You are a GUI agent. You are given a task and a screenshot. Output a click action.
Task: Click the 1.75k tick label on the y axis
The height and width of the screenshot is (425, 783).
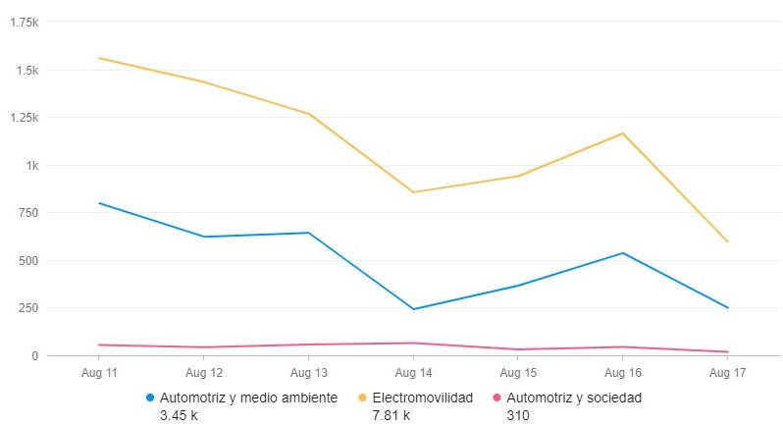click(x=25, y=22)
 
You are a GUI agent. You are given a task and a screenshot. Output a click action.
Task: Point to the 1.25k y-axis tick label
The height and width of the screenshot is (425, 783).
click(x=25, y=118)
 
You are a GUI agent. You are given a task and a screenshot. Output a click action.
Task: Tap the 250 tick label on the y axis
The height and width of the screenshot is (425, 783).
click(x=28, y=308)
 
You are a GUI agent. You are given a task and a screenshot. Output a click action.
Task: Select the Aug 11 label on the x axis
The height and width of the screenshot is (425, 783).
click(x=99, y=374)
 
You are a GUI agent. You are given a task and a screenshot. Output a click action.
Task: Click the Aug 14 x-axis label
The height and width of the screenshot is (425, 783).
click(x=413, y=374)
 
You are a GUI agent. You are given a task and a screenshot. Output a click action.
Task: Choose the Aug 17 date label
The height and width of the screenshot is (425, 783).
click(x=727, y=374)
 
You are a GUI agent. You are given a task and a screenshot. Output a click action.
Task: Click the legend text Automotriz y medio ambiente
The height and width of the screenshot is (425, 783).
click(x=248, y=398)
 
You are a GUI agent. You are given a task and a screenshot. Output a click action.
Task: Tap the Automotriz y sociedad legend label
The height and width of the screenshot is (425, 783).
click(x=580, y=398)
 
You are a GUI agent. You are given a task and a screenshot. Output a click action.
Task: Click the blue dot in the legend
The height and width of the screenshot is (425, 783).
click(x=150, y=398)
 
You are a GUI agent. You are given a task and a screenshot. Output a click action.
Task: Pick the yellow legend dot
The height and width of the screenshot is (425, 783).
click(x=362, y=398)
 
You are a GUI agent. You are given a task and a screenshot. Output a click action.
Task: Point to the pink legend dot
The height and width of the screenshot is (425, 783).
click(x=496, y=398)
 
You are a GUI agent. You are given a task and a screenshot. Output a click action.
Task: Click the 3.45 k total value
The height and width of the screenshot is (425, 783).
click(x=180, y=415)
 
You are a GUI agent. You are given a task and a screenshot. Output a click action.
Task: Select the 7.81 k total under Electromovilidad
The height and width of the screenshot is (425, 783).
click(x=391, y=415)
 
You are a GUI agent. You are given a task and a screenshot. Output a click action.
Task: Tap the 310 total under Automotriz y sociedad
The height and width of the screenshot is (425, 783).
click(x=516, y=415)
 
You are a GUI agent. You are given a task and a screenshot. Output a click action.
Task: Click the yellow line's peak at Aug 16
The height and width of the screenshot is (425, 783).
click(x=622, y=133)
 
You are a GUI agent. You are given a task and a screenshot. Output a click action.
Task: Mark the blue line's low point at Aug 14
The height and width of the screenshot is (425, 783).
click(x=413, y=309)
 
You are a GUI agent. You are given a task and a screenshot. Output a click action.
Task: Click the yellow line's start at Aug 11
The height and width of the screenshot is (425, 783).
click(x=99, y=58)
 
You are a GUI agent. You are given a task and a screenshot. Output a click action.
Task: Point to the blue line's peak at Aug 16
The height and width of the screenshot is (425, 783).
click(x=622, y=253)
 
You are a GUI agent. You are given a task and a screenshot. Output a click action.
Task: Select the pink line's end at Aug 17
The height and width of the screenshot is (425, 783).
click(x=727, y=351)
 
